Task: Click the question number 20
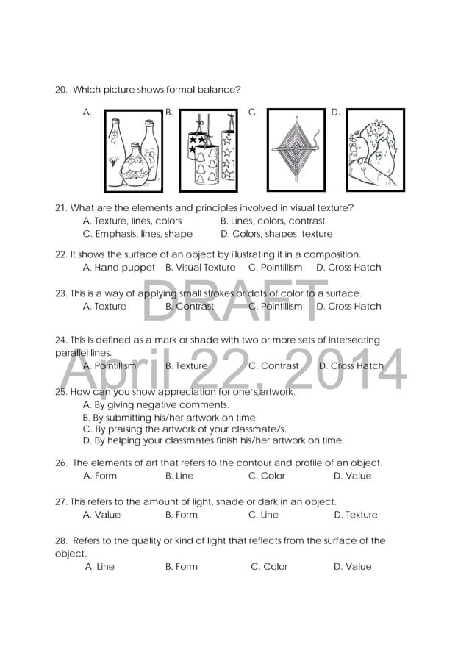[x=61, y=90]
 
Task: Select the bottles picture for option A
[x=133, y=151]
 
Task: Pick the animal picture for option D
[x=375, y=150]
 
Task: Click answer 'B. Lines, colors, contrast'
[x=272, y=221]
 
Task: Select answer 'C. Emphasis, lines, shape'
[x=137, y=234]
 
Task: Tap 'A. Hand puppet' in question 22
[x=119, y=268]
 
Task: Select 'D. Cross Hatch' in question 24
[x=351, y=365]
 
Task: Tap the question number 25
[x=61, y=392]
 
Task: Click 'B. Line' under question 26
[x=179, y=476]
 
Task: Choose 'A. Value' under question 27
[x=101, y=515]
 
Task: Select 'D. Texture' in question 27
[x=355, y=515]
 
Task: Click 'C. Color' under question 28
[x=269, y=567]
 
